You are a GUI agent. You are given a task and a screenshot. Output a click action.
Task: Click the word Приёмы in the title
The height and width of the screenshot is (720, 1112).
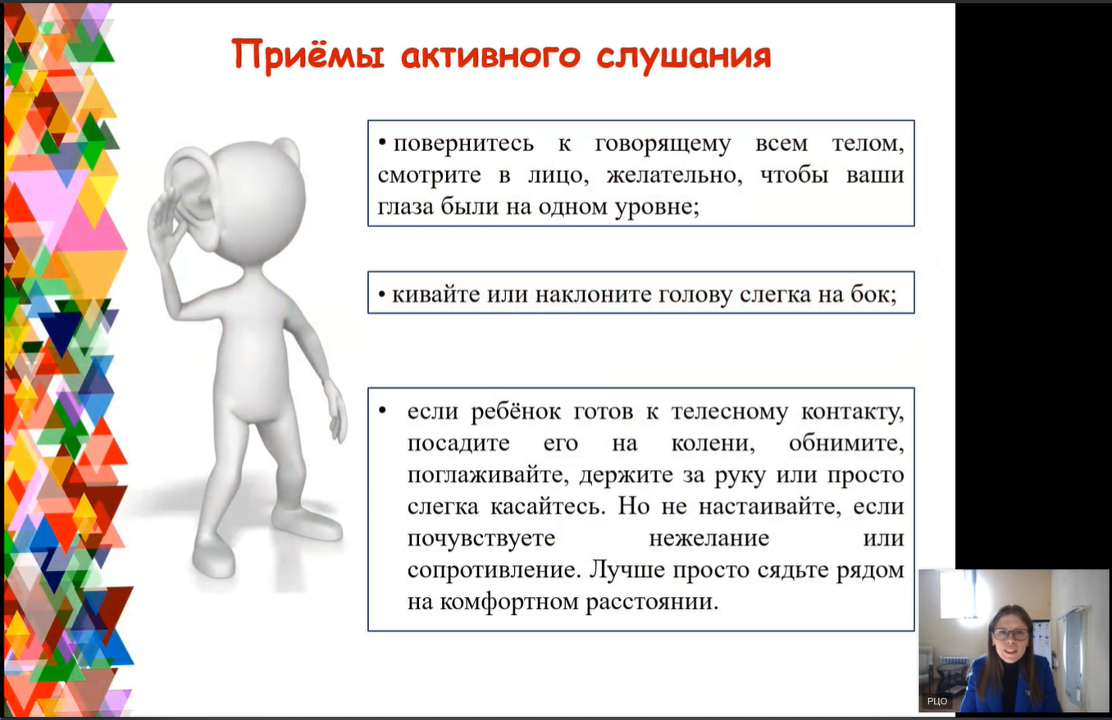click(x=308, y=55)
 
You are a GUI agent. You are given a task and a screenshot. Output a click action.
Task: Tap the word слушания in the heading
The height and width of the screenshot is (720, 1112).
click(x=684, y=56)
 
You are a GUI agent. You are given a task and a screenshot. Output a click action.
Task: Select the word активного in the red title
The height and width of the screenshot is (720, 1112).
click(x=490, y=55)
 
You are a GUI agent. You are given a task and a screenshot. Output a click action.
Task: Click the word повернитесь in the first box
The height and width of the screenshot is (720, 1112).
click(x=463, y=144)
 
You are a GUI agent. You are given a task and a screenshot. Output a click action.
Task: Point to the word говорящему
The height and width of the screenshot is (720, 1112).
click(x=663, y=144)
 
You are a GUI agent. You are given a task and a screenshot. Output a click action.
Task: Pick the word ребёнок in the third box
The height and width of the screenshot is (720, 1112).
click(x=516, y=412)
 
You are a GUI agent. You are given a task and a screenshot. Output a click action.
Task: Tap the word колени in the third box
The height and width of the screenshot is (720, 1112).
click(x=713, y=444)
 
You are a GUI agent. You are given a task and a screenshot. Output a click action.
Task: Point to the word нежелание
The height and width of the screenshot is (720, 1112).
click(x=709, y=538)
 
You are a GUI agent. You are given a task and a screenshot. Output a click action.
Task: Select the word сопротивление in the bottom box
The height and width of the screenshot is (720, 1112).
click(x=494, y=571)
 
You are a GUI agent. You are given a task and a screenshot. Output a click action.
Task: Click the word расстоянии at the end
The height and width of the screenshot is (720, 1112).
click(x=652, y=602)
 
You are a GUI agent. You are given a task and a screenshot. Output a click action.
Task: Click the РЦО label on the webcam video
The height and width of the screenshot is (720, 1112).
click(x=937, y=701)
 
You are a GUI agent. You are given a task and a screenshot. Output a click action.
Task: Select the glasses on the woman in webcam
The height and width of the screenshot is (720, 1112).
click(x=1010, y=635)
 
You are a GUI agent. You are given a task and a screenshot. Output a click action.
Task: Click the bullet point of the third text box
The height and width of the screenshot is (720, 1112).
click(x=382, y=410)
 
